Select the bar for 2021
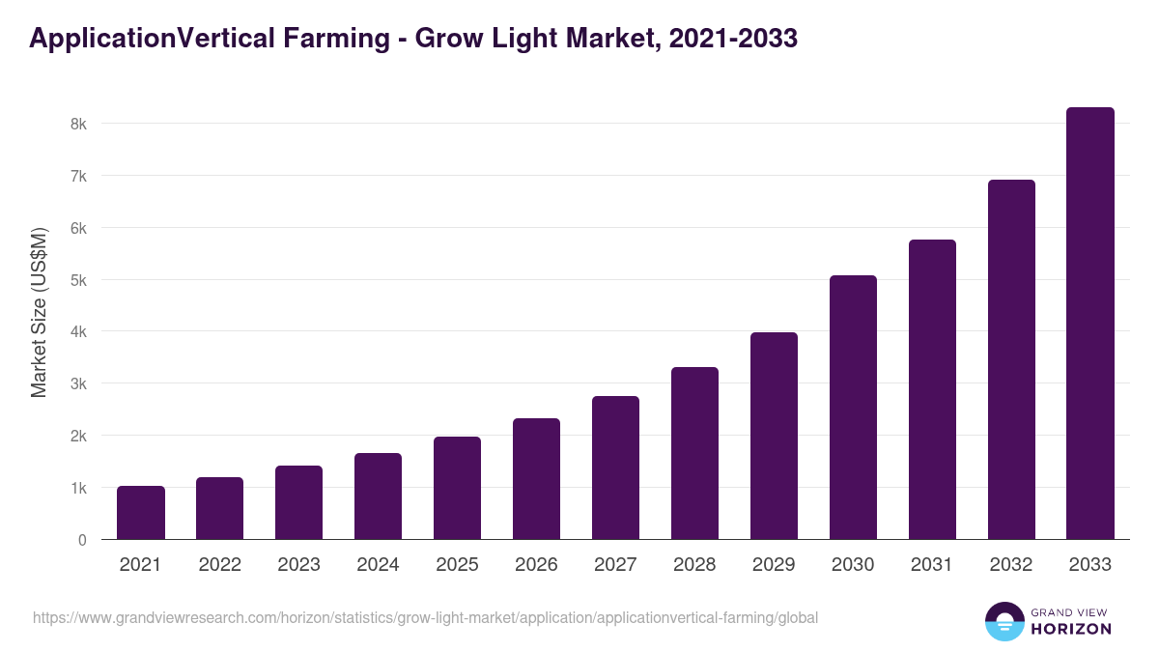click(141, 513)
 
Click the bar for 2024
click(378, 496)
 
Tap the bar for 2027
click(615, 468)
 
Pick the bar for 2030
click(853, 408)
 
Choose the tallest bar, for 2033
click(1089, 324)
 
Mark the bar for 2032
click(1011, 359)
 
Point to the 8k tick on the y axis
click(78, 125)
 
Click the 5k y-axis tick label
click(78, 280)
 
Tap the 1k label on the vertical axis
click(78, 488)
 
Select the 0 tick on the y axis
click(82, 540)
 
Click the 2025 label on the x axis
click(457, 565)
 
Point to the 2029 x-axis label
click(774, 565)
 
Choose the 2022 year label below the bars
click(220, 565)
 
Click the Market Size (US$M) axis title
click(39, 313)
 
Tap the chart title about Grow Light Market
click(413, 38)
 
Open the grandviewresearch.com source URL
click(425, 617)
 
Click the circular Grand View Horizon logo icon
click(1004, 621)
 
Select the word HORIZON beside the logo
click(1070, 629)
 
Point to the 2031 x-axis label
click(932, 565)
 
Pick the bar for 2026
click(536, 479)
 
